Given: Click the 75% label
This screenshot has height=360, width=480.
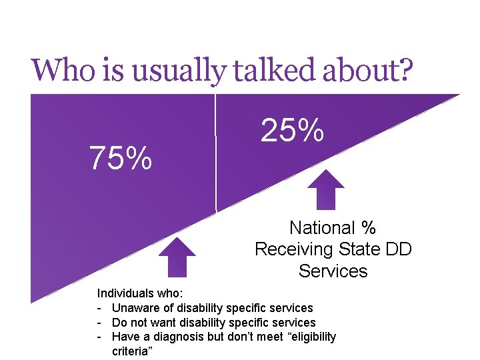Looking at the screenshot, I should pyautogui.click(x=121, y=159).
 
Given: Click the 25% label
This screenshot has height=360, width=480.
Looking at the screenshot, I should pyautogui.click(x=292, y=131).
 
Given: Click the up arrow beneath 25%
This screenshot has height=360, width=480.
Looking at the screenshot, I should pyautogui.click(x=325, y=189).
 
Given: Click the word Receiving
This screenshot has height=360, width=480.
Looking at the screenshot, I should pyautogui.click(x=293, y=249).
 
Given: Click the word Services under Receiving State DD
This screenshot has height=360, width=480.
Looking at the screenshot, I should pyautogui.click(x=333, y=271).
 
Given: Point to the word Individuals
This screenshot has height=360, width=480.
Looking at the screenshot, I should pyautogui.click(x=125, y=293).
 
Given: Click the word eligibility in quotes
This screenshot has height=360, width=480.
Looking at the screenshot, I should pyautogui.click(x=311, y=337).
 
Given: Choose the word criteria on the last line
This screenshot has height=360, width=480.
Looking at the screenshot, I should pyautogui.click(x=131, y=351).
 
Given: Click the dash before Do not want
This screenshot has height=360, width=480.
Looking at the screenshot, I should pyautogui.click(x=99, y=323).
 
